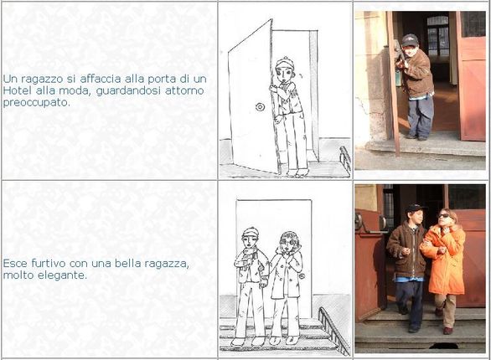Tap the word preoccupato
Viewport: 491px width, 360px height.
click(36, 103)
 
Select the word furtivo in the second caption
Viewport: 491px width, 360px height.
click(49, 264)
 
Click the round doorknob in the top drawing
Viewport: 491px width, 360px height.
click(260, 106)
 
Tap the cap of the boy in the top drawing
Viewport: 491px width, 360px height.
click(284, 63)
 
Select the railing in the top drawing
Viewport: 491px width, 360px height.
click(344, 160)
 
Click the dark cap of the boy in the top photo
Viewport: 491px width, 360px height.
click(410, 40)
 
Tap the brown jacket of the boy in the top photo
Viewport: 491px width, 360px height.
click(416, 75)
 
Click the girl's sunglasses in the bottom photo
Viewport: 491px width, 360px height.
click(443, 215)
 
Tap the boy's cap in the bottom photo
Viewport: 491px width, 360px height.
click(416, 208)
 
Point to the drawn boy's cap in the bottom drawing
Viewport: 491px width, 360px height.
click(251, 232)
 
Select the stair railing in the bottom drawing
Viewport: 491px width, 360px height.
click(333, 331)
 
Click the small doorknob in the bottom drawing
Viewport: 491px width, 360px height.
click(302, 276)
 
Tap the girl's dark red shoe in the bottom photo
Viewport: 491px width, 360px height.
click(447, 331)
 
